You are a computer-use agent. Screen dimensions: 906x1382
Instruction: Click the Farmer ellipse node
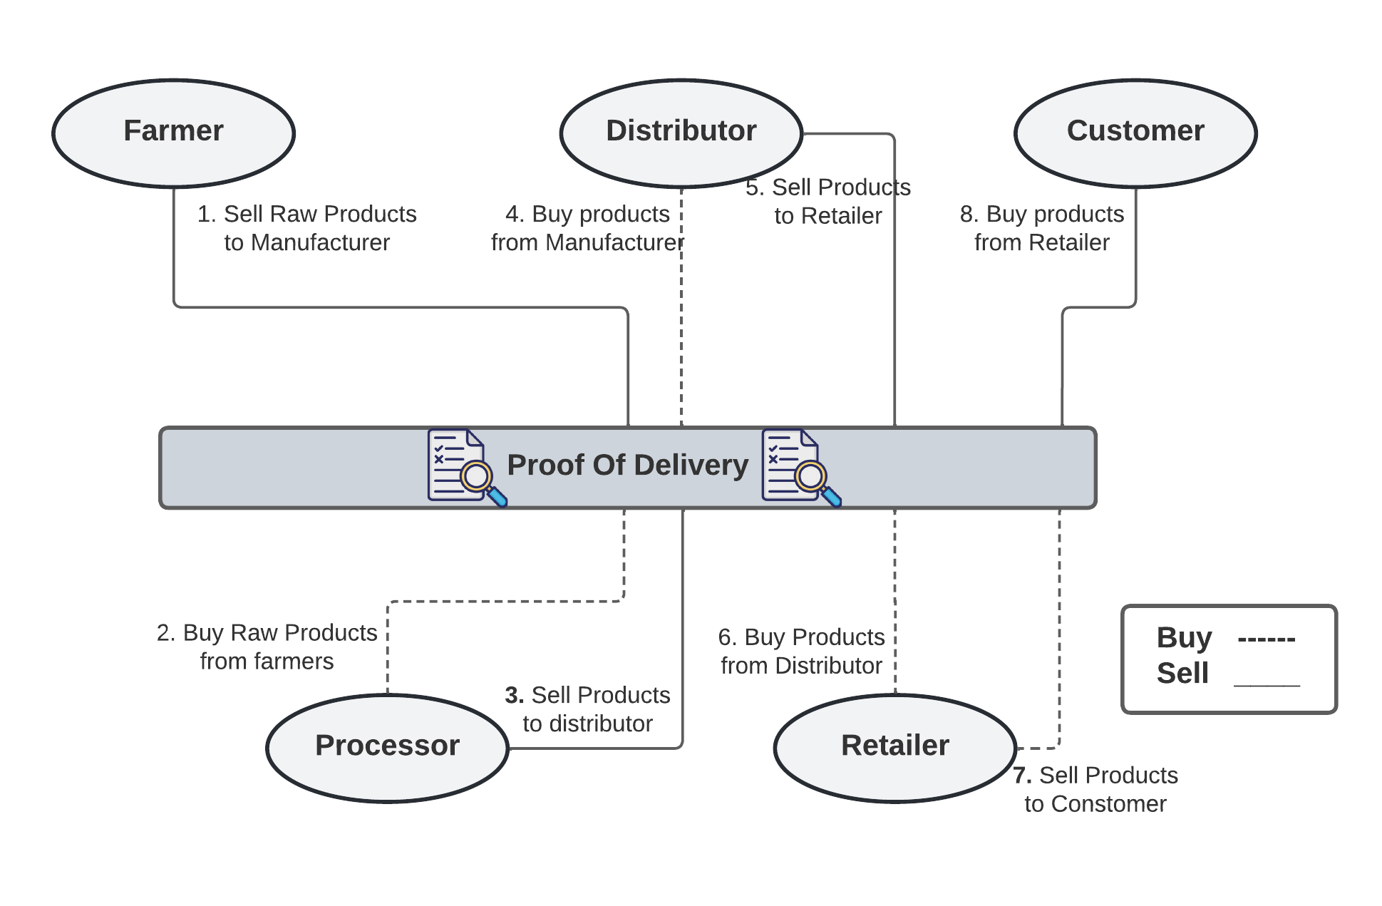tap(173, 133)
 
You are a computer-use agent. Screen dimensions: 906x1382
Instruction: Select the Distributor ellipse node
tap(681, 133)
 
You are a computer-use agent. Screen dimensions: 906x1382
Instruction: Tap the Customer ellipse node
tap(1135, 133)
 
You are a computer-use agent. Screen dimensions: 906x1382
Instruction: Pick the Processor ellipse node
tap(387, 747)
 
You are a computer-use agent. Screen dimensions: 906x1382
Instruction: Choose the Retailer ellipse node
tap(894, 747)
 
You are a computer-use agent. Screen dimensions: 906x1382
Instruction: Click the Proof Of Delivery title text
tap(627, 465)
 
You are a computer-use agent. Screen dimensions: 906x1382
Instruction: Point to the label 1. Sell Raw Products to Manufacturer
tap(306, 228)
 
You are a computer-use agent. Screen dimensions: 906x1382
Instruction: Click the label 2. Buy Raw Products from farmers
tap(267, 647)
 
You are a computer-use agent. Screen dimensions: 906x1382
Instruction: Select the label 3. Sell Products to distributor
tap(587, 709)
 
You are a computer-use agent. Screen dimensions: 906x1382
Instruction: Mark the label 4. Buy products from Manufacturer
tap(587, 228)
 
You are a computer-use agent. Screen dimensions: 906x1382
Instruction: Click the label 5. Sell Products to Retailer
tap(827, 201)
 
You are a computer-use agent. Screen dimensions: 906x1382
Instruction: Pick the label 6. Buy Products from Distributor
tap(801, 651)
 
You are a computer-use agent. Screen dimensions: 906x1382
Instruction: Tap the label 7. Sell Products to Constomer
tap(1095, 789)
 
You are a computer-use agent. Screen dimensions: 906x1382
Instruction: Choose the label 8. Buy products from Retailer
tap(1041, 228)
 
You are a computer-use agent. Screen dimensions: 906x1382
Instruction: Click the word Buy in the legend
tap(1183, 637)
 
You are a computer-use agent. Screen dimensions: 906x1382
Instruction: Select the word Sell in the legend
tap(1182, 673)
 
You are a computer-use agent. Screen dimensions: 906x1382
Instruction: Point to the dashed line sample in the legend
tap(1267, 639)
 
